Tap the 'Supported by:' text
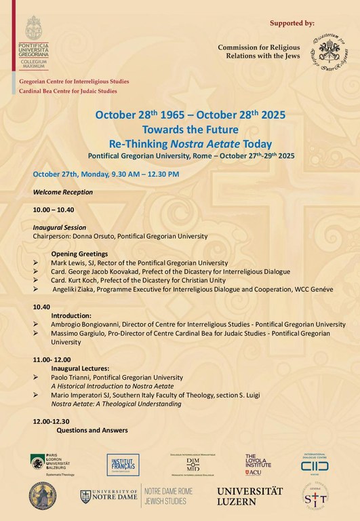click(292, 23)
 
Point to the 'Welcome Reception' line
click(63, 192)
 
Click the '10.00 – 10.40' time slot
click(54, 210)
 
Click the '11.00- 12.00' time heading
click(52, 359)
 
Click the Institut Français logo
click(123, 465)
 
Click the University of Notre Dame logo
click(109, 496)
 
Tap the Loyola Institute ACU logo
click(256, 464)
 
